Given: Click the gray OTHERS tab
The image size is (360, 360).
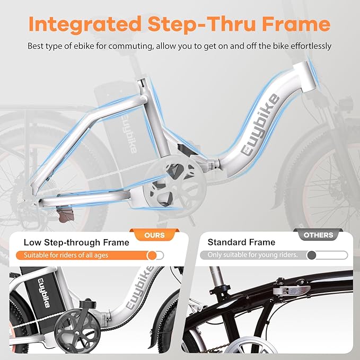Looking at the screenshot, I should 319,235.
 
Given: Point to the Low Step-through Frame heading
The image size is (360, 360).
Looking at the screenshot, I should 76,243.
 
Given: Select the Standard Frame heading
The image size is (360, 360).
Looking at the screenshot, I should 241,243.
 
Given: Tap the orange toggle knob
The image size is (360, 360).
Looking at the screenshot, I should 152,255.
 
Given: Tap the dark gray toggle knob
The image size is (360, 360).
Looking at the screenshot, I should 312,255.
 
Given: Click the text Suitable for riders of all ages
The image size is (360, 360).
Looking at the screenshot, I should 65,255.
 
